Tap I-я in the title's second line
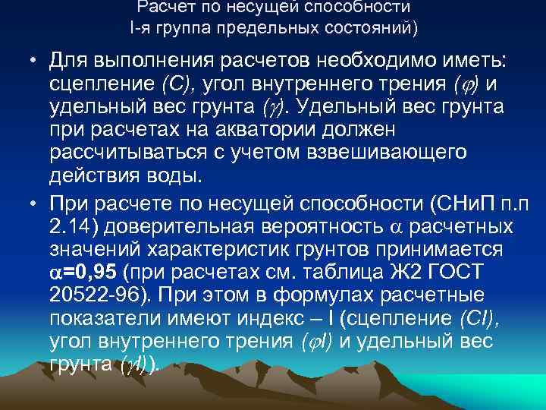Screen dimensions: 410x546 [x=143, y=30]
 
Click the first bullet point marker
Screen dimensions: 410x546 [x=35, y=60]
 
